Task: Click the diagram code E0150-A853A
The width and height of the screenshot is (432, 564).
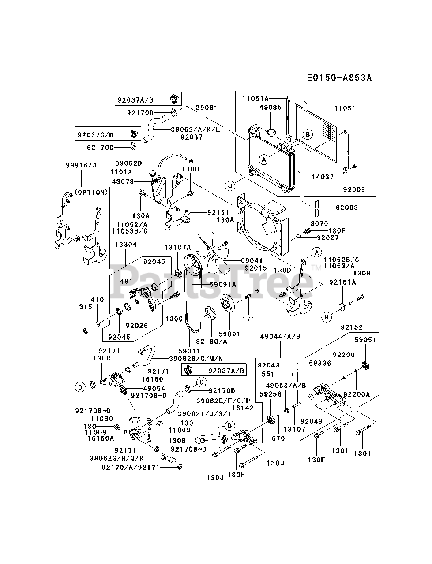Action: (x=339, y=78)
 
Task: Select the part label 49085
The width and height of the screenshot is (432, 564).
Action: (x=270, y=107)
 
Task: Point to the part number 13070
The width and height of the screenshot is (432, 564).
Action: (x=317, y=223)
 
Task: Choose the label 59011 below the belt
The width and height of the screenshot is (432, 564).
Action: (x=189, y=351)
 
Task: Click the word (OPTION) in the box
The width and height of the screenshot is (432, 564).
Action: (x=91, y=193)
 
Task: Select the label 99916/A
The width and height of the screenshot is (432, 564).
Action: (x=81, y=165)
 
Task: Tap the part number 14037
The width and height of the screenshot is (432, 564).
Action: (x=323, y=177)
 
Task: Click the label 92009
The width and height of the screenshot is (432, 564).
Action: (x=354, y=189)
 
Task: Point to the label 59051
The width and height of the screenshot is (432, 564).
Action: (x=365, y=340)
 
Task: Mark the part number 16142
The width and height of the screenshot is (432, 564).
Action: (x=243, y=408)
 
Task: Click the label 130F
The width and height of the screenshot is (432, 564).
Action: (x=316, y=460)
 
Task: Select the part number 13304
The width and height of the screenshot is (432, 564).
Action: (x=126, y=245)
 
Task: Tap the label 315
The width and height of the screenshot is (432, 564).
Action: (x=86, y=307)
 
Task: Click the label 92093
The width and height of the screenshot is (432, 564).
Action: (x=346, y=208)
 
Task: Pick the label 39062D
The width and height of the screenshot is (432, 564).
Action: (x=128, y=163)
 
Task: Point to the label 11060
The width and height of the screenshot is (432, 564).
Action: (x=102, y=419)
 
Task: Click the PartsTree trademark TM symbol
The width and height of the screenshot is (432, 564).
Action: (x=316, y=268)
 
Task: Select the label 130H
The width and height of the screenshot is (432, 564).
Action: (x=236, y=475)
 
